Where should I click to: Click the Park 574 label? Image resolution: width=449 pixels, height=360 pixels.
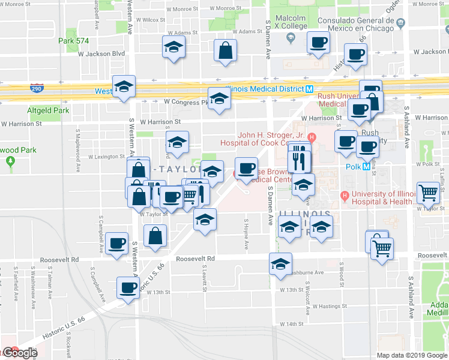[74, 41]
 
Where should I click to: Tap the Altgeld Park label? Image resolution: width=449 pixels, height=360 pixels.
[48, 111]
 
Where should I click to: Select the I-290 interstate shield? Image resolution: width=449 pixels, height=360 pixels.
[37, 88]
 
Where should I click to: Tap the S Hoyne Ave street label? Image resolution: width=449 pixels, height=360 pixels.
[246, 234]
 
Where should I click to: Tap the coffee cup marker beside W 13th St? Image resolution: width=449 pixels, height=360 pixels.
[127, 287]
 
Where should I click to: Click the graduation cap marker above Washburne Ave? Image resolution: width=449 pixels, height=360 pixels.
[280, 265]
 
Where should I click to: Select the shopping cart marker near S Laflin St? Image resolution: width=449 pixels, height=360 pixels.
[429, 193]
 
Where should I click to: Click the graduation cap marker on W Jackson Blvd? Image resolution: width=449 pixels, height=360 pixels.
[173, 48]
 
